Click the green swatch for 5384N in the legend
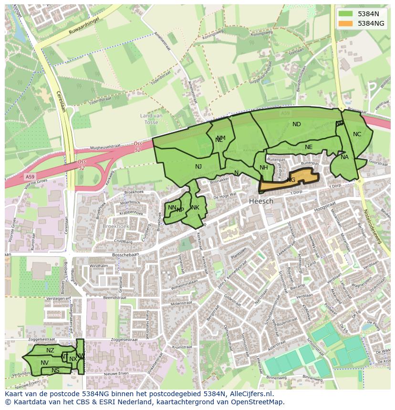point(346,14)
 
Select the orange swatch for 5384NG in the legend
point(346,23)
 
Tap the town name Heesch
point(261,201)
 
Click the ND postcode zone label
point(296,124)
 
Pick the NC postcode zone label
point(357,134)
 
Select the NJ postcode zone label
point(198,166)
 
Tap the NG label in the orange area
point(291,180)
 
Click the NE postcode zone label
point(309,147)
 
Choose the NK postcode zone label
point(195,208)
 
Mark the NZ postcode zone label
point(50,350)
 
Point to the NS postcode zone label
point(55,370)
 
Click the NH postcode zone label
point(263,168)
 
